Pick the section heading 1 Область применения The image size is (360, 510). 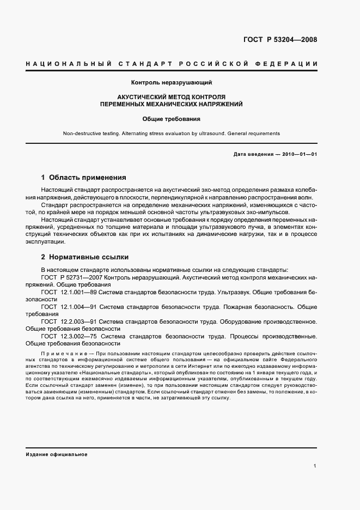(x=83, y=178)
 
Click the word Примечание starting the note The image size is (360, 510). (x=60, y=355)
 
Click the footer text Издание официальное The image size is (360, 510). (x=57, y=454)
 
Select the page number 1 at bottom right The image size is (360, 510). (x=315, y=466)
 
